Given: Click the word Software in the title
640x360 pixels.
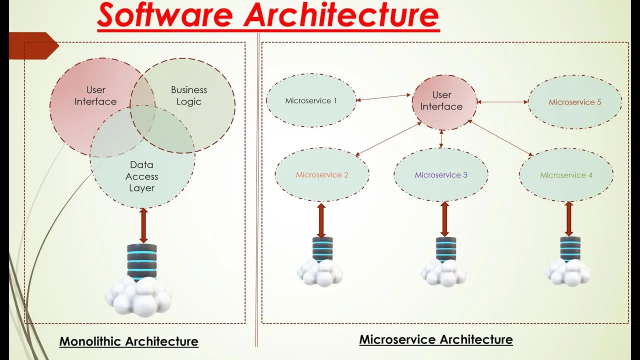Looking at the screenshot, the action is click(x=165, y=14).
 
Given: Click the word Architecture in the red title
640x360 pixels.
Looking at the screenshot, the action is click(x=341, y=14).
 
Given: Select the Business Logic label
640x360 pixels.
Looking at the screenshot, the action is click(x=189, y=95).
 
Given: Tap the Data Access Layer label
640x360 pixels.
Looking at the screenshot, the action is click(x=141, y=176).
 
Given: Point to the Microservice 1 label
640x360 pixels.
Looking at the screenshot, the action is click(x=311, y=100).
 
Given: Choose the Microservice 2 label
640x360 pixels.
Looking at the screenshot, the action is click(x=322, y=174).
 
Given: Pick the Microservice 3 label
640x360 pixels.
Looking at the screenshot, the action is click(x=441, y=174).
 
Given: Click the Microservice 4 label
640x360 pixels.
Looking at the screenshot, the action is click(x=566, y=175).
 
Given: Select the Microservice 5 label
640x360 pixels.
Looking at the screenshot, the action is click(x=575, y=102).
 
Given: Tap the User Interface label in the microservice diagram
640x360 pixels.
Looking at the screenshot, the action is click(x=441, y=100).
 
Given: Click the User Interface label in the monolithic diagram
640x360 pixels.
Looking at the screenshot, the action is click(x=95, y=95).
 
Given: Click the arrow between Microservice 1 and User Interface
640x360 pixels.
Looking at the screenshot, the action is click(x=383, y=97).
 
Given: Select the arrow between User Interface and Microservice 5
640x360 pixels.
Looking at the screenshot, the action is click(x=502, y=101).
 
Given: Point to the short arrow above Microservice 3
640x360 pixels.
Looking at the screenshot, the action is click(x=441, y=139).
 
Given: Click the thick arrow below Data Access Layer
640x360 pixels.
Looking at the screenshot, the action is click(x=143, y=225).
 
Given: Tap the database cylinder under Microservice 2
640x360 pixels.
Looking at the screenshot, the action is click(x=322, y=249).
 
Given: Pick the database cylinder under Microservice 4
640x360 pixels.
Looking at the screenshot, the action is click(x=570, y=249).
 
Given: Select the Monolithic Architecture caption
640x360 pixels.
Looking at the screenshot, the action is click(x=129, y=341).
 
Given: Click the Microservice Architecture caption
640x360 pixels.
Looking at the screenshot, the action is click(x=436, y=339).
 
